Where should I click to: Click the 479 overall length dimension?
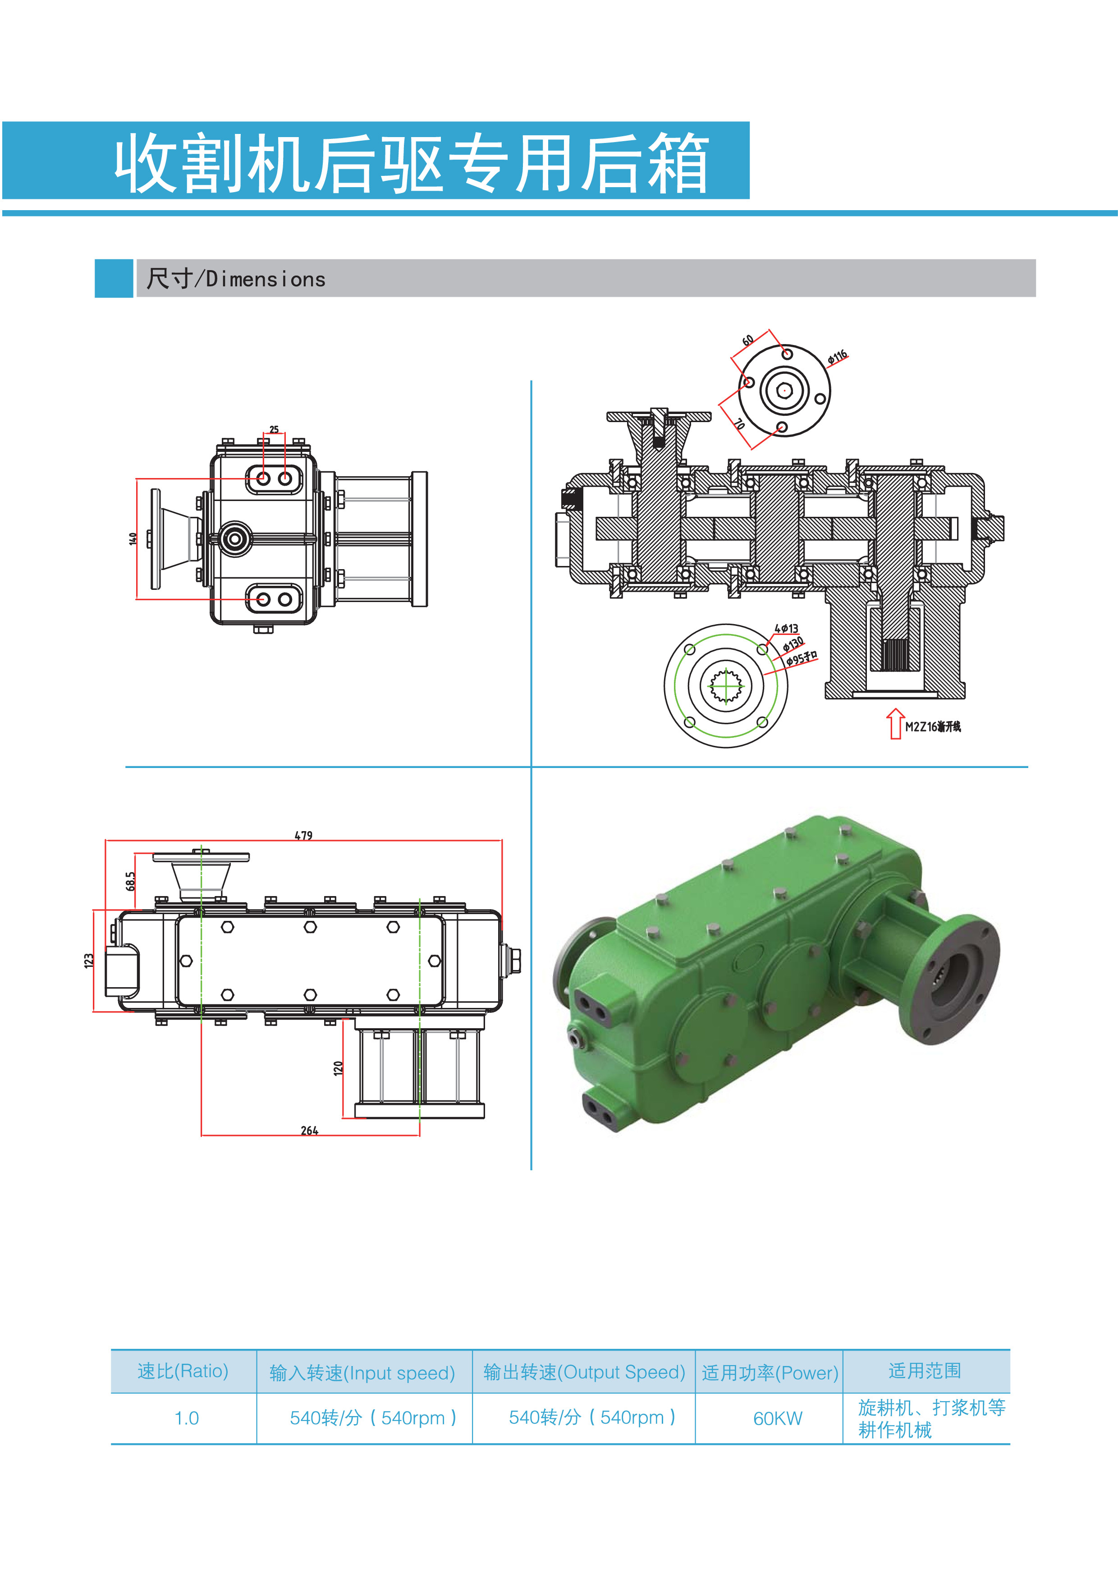[x=303, y=835]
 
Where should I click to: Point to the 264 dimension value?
[x=309, y=1131]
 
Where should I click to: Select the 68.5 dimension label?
[x=131, y=881]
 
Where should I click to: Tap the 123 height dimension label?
[x=88, y=961]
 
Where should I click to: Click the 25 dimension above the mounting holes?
[x=274, y=429]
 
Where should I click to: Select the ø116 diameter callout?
[x=838, y=357]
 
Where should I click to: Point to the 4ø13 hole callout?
[x=786, y=628]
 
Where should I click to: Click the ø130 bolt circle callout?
[x=793, y=644]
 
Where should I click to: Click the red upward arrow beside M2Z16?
[x=895, y=723]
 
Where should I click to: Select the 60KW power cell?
[x=777, y=1418]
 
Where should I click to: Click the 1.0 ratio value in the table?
[x=186, y=1418]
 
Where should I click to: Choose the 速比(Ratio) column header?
[x=183, y=1370]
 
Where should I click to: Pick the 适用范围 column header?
[x=925, y=1370]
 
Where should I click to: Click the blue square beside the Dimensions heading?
[x=114, y=278]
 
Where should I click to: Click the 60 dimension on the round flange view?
[x=747, y=340]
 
